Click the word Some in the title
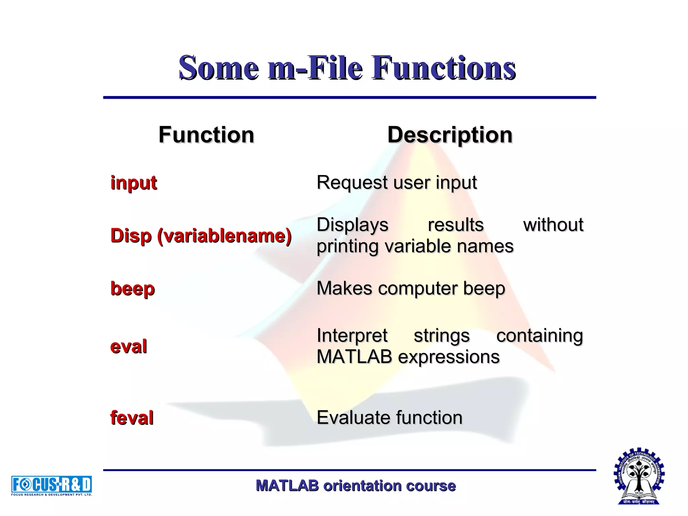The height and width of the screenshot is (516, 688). (x=219, y=68)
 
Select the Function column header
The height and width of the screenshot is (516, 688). (x=206, y=135)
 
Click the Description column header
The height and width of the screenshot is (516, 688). (x=450, y=135)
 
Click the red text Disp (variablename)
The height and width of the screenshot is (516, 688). (x=201, y=236)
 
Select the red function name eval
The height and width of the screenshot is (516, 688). (x=129, y=347)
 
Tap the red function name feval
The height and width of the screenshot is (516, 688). (x=132, y=418)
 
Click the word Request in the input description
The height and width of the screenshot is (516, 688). (x=352, y=183)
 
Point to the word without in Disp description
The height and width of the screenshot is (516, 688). (x=553, y=225)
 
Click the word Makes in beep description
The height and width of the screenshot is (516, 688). (x=344, y=288)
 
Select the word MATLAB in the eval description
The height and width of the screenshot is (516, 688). (x=354, y=357)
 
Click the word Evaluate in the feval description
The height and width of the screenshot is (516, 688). (x=353, y=418)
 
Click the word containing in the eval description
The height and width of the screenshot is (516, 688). (x=540, y=336)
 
